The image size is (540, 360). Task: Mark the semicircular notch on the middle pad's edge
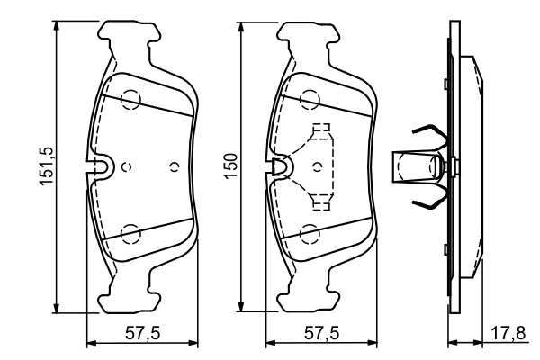281,166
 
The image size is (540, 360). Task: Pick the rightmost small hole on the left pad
174,166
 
